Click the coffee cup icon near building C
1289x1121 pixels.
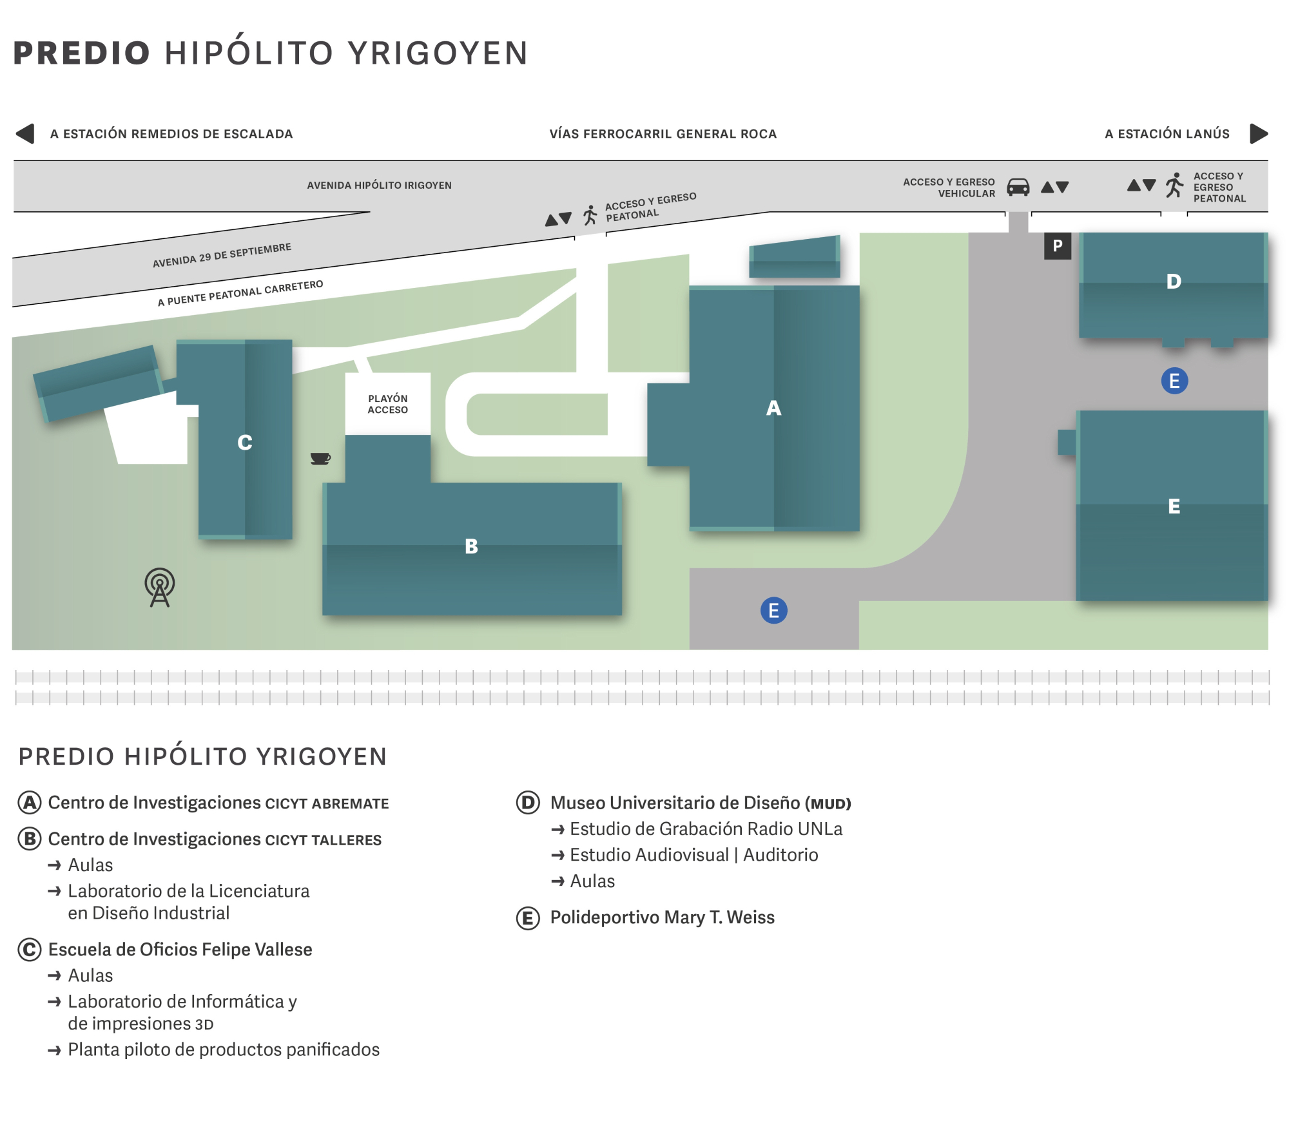click(x=320, y=458)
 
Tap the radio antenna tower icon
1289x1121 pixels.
click(x=160, y=587)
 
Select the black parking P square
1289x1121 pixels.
click(x=1057, y=246)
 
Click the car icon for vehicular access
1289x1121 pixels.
click(x=1018, y=187)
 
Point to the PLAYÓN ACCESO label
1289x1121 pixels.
click(x=387, y=404)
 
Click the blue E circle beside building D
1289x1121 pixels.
click(x=1174, y=381)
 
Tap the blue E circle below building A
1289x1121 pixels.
click(x=773, y=610)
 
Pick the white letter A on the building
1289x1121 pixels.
click(x=773, y=408)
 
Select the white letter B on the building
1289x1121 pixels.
click(x=471, y=546)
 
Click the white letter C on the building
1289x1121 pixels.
click(x=244, y=443)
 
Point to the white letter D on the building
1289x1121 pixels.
click(x=1174, y=282)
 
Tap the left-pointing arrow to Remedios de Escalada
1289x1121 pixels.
click(x=25, y=133)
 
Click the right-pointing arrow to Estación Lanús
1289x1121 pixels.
click(x=1259, y=133)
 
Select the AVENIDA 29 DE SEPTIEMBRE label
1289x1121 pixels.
click(x=222, y=255)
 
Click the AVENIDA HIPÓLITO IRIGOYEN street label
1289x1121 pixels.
click(x=379, y=186)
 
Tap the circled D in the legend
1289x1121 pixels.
click(x=528, y=803)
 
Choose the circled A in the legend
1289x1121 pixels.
click(x=30, y=803)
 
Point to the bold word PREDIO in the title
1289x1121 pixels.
click(x=82, y=53)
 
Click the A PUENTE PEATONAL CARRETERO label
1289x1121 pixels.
click(x=240, y=293)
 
